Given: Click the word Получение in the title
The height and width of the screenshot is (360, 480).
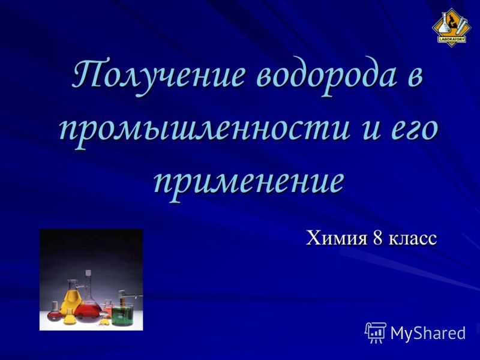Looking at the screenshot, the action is pos(158,74).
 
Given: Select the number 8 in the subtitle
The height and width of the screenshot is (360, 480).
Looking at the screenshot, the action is pos(377,238).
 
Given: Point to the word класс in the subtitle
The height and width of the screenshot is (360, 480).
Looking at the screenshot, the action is pos(412,239).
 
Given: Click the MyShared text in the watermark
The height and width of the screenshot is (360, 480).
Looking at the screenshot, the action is pos(428,333).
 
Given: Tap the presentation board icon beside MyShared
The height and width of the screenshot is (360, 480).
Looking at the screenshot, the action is pos(376,332).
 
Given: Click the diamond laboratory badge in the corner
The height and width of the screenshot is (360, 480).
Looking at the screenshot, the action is pos(449,28).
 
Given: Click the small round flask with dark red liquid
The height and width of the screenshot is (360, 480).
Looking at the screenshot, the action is pos(55,311).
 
